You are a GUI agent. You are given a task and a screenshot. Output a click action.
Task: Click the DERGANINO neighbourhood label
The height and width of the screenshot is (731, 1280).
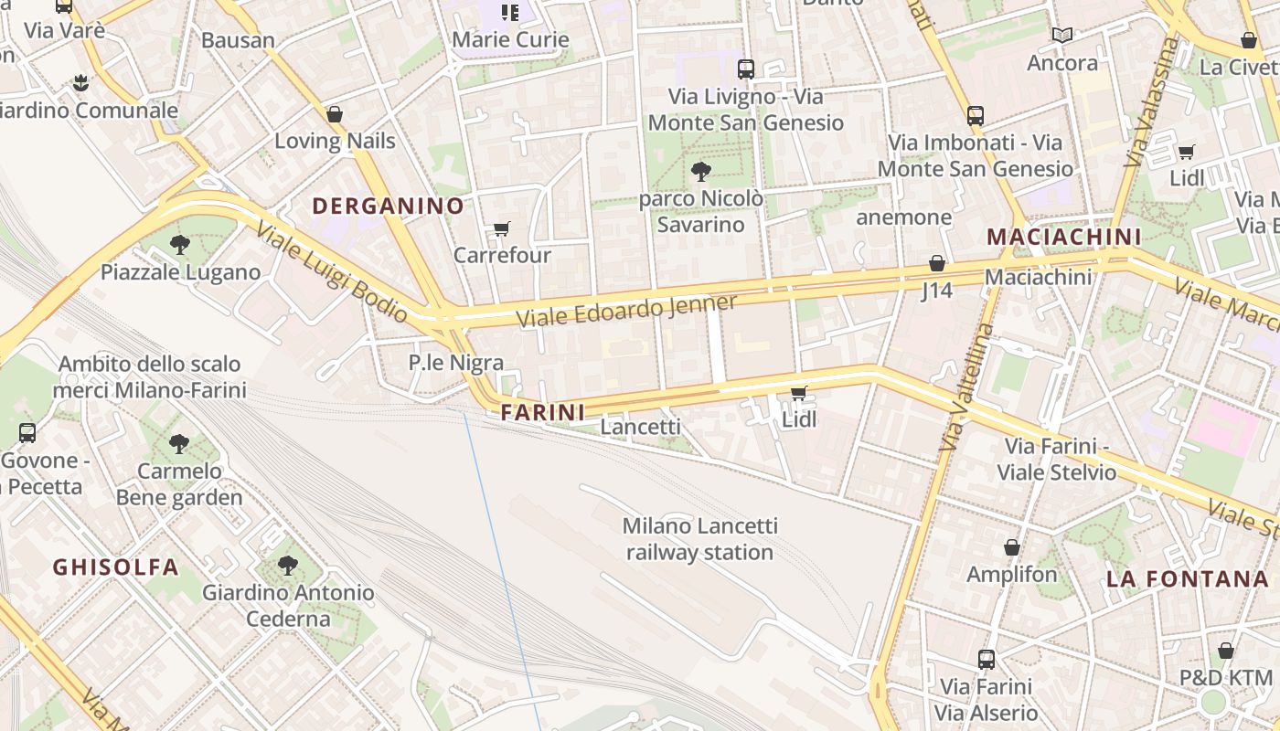(x=389, y=207)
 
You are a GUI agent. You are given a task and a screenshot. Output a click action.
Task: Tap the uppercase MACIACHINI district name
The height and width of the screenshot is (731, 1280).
(x=1064, y=238)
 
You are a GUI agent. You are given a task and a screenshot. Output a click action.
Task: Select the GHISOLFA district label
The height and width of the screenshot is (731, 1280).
(x=115, y=567)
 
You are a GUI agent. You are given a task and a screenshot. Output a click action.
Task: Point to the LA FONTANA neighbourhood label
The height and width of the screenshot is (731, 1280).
(x=1188, y=579)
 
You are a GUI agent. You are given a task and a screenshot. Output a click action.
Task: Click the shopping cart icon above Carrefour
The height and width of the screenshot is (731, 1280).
(x=501, y=228)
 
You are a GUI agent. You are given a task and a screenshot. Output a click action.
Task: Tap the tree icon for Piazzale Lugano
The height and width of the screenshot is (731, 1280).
(x=180, y=245)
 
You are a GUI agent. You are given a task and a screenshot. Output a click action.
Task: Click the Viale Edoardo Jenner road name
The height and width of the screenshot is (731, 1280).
(x=626, y=312)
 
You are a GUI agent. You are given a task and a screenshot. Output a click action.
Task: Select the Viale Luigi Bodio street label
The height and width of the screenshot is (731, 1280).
(x=332, y=272)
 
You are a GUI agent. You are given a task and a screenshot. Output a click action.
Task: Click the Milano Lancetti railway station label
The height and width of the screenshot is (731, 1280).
(x=699, y=539)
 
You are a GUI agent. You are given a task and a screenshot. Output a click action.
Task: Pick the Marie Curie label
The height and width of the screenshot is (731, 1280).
(x=510, y=39)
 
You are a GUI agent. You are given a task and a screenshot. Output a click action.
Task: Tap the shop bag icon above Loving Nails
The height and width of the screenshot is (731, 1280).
(x=335, y=114)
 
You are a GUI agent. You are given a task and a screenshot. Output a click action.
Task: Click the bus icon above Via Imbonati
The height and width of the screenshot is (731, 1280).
(x=976, y=116)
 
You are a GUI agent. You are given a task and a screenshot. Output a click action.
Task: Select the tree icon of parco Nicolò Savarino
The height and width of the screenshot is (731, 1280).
(x=700, y=171)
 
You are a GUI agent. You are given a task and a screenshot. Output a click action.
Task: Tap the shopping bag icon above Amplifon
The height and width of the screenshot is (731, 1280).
(x=1012, y=547)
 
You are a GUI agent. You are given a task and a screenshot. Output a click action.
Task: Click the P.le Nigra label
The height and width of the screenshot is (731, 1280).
(x=455, y=363)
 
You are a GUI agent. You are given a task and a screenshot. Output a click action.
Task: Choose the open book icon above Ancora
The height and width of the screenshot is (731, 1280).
(x=1061, y=36)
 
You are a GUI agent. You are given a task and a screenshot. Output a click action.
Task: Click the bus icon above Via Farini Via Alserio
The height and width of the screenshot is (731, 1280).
(x=987, y=659)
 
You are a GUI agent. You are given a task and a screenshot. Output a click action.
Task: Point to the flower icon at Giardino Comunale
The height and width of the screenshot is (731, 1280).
(x=81, y=83)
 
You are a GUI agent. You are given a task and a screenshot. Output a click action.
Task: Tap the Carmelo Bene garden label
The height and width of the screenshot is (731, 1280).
(x=179, y=484)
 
